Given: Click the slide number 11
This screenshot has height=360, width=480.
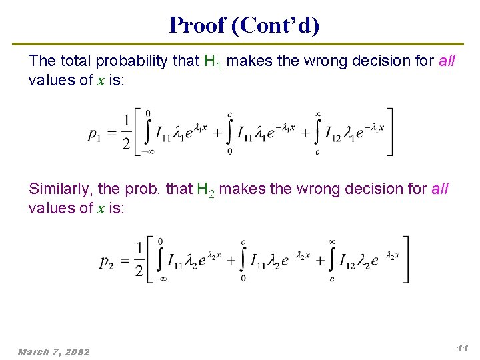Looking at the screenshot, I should coord(462,348).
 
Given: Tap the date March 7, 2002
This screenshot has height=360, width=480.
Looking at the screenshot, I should coord(53,351).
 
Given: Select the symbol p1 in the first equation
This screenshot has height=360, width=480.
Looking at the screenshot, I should coord(94,134).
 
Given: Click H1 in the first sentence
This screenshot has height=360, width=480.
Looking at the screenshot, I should coord(211,61).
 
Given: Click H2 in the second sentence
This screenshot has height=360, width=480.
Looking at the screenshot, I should coord(205,189).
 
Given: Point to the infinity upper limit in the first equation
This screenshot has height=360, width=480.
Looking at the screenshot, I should coord(317,114).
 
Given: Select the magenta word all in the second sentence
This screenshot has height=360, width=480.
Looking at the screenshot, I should coord(439,189).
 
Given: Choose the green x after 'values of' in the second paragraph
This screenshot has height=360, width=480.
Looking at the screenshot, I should coord(99,208).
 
